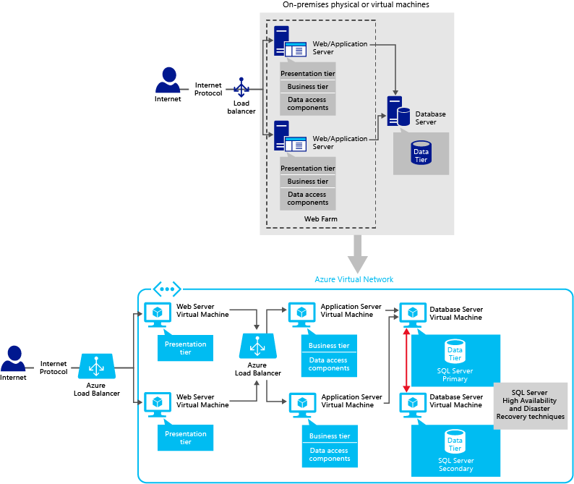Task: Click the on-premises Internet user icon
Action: coord(169,80)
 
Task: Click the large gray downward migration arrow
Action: coord(357,254)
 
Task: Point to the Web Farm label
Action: coord(320,218)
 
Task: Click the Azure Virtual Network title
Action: coord(354,279)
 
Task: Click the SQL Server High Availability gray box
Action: coord(531,406)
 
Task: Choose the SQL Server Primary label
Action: coord(455,375)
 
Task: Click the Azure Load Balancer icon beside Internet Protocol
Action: coord(96,367)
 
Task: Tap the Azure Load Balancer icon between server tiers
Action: coord(256,346)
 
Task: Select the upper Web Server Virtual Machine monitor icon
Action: coord(157,314)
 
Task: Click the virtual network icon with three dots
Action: coord(166,289)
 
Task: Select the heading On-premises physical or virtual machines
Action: coord(356,5)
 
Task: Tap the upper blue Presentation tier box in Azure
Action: coord(185,348)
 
